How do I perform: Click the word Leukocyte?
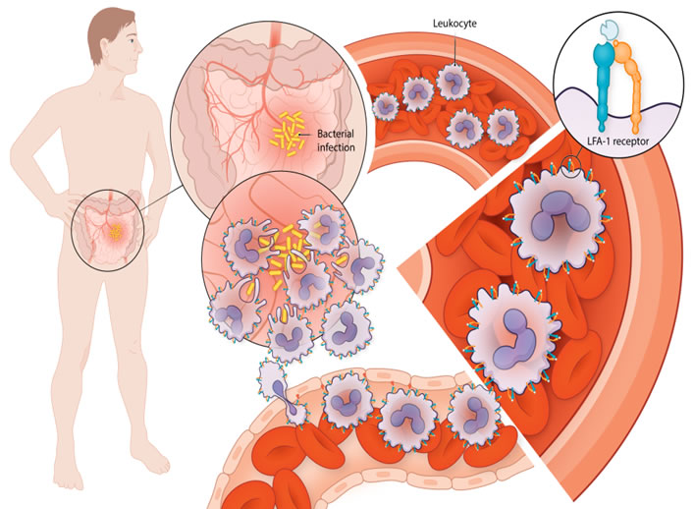click(x=454, y=24)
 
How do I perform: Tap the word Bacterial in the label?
click(x=336, y=134)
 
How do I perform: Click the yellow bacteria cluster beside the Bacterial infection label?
click(x=288, y=134)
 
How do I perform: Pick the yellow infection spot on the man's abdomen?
click(x=116, y=232)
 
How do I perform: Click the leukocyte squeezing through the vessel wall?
click(x=280, y=391)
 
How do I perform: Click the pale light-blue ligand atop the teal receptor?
click(x=609, y=30)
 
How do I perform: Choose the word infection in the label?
click(x=336, y=147)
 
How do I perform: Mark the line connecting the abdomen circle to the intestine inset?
click(x=162, y=198)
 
